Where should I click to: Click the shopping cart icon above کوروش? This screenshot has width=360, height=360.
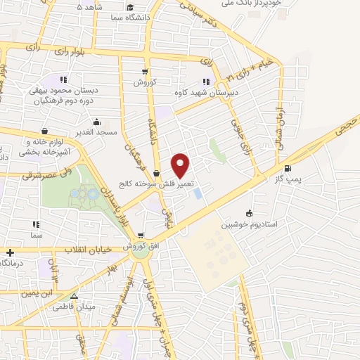point(145,71)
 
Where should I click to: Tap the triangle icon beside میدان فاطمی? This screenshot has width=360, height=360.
point(74,296)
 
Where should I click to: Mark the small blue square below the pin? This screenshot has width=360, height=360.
point(197,192)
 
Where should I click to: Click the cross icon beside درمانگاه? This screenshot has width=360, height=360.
point(10,252)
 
